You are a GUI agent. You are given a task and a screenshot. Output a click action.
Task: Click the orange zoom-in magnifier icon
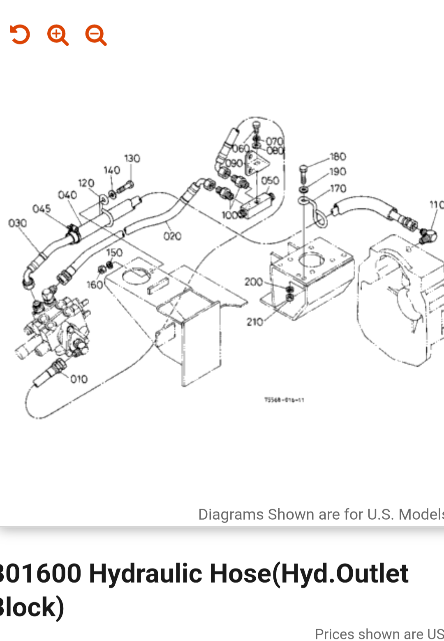point(58,35)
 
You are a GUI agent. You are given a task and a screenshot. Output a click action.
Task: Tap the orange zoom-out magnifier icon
point(96,35)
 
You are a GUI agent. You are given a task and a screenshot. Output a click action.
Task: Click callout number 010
point(79,379)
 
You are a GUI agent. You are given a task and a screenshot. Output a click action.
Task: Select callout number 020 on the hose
point(172,236)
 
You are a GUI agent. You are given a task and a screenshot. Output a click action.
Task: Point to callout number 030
point(18,223)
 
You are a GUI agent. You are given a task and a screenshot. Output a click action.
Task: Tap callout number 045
point(42,209)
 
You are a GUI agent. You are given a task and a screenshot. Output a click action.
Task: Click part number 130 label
point(132,158)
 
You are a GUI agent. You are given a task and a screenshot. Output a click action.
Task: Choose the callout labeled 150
point(114,252)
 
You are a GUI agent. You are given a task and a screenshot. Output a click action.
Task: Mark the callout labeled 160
point(95,285)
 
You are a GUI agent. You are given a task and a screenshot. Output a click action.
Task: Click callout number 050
point(270,180)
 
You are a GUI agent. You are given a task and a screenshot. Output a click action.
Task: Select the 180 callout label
point(338,157)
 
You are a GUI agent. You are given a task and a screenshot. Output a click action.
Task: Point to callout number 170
point(338,188)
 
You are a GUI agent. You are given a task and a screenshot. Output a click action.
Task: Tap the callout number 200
point(253,282)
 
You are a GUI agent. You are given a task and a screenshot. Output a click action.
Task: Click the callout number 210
point(255,322)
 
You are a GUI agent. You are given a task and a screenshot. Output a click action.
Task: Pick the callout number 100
point(230,215)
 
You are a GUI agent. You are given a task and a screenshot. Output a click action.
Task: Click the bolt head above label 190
point(303,168)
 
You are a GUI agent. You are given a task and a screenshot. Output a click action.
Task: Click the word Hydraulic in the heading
point(145,574)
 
